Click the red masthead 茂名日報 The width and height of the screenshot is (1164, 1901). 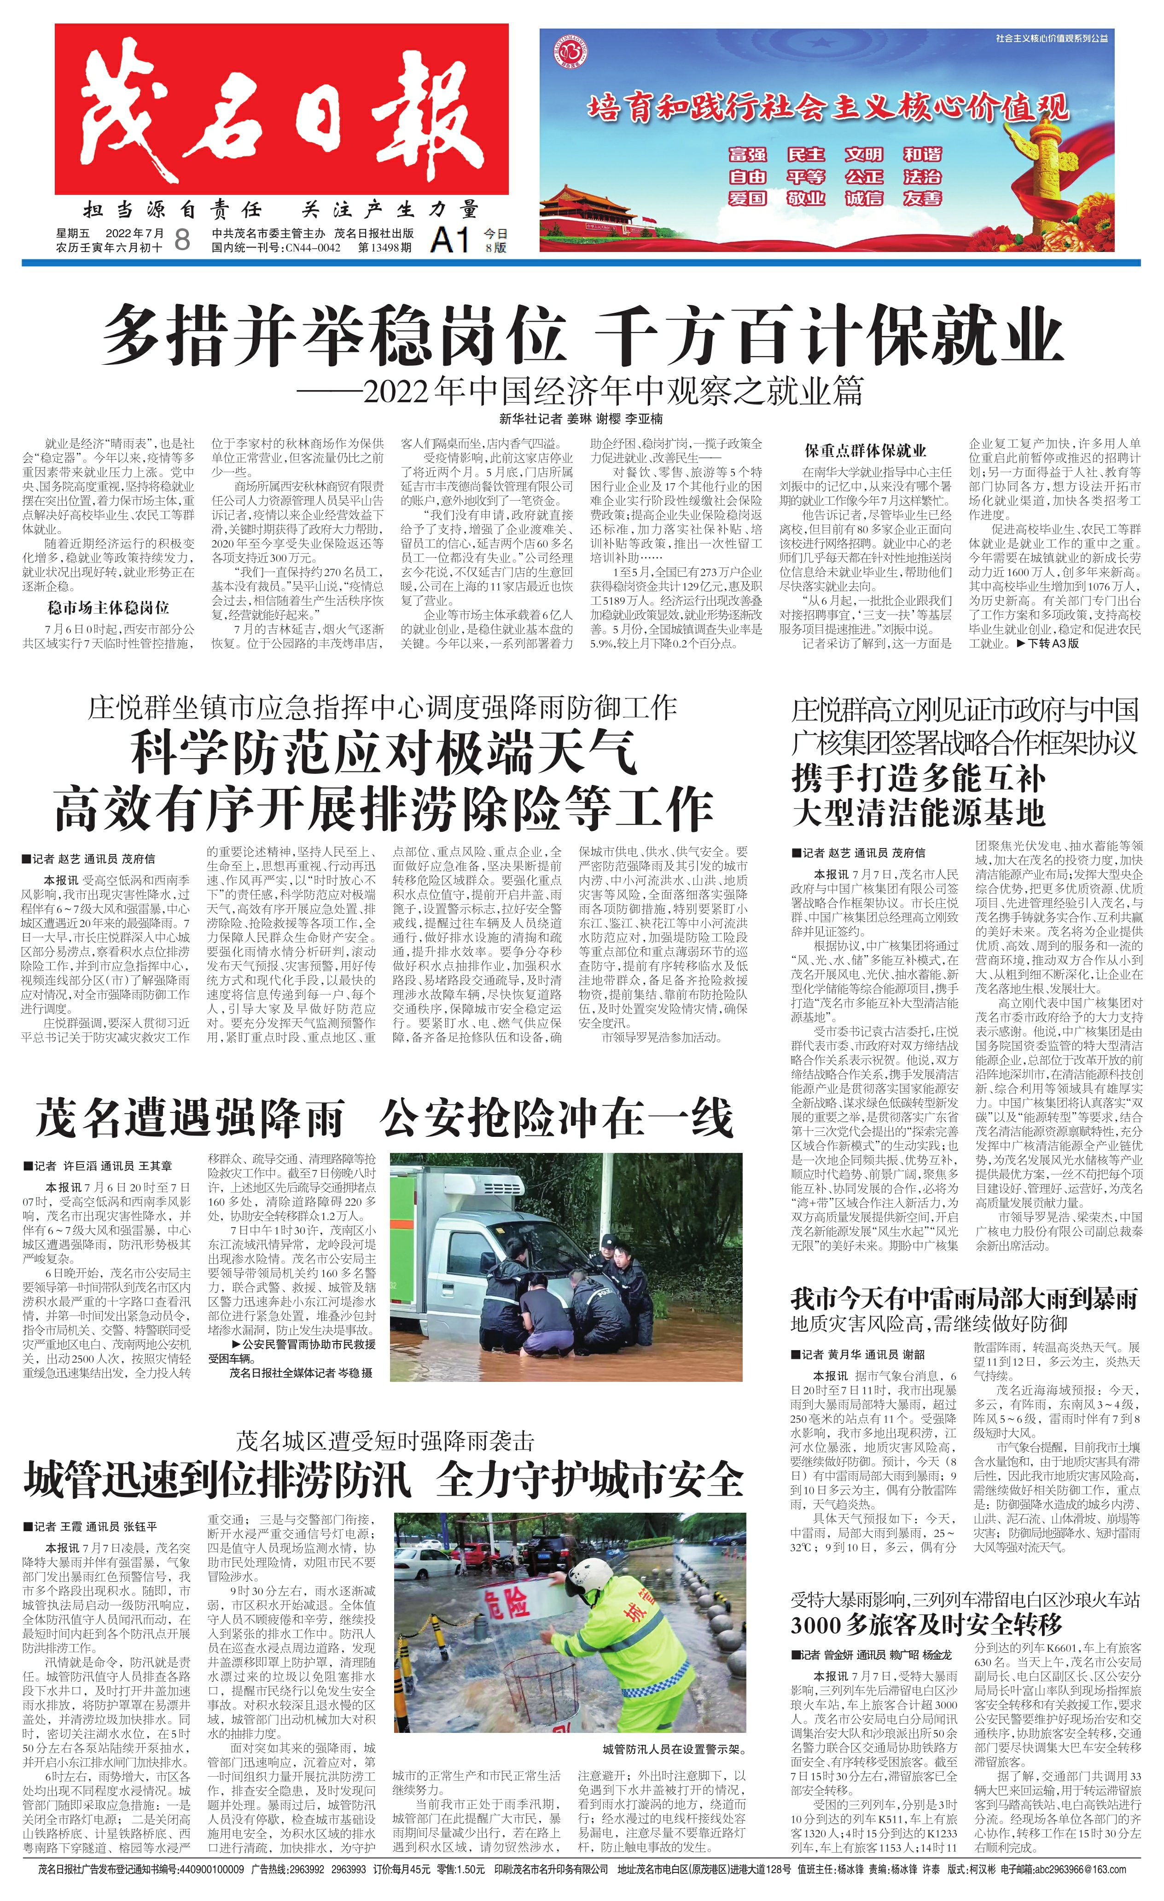(281, 110)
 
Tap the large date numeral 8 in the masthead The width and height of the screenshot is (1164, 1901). (182, 240)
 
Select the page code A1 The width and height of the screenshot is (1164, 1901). (450, 240)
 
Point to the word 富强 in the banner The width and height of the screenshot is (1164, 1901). (747, 154)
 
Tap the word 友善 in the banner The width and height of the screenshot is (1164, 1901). (923, 198)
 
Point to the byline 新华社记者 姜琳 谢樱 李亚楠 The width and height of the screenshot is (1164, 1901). (581, 419)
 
